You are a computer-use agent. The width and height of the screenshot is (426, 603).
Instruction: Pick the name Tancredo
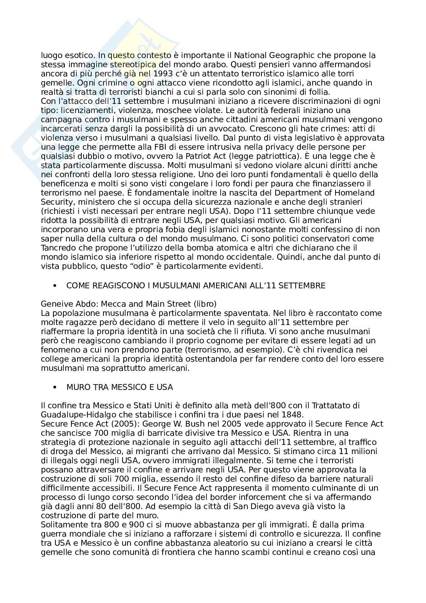pyautogui.click(x=57, y=248)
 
